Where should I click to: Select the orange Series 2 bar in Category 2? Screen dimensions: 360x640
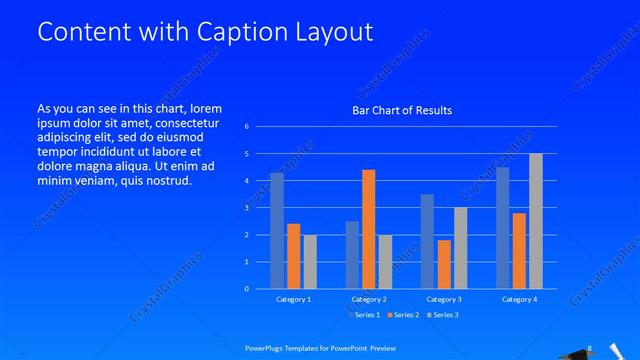tap(368, 229)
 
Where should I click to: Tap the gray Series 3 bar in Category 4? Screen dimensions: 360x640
tap(536, 221)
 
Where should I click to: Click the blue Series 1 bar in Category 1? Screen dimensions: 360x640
tap(277, 231)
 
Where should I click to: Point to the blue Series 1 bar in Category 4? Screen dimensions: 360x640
tap(503, 228)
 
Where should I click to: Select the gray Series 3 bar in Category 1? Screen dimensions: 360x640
tap(310, 262)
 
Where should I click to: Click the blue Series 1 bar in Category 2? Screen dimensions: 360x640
tap(352, 255)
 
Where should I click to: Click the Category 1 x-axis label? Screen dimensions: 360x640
tap(293, 299)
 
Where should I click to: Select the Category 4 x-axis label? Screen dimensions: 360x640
tap(519, 299)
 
